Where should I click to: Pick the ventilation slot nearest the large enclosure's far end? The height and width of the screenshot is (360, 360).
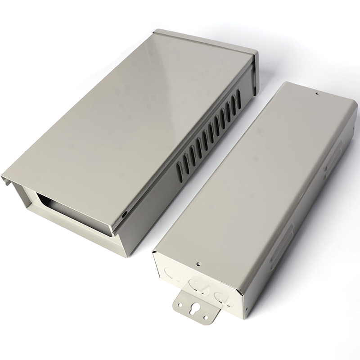238,96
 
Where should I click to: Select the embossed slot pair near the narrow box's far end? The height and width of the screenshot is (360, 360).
335,153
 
